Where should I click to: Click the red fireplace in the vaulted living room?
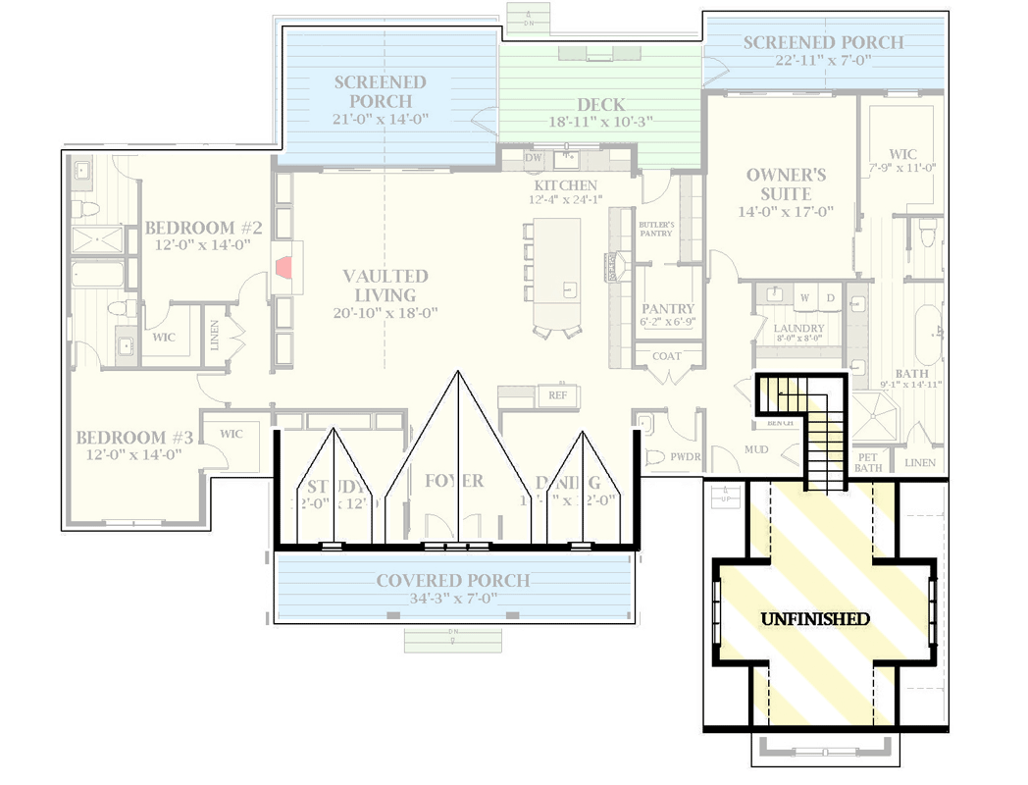click(x=283, y=268)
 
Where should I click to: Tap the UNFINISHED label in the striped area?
click(x=815, y=619)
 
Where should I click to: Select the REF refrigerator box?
click(x=556, y=395)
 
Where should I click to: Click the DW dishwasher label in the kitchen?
click(x=533, y=157)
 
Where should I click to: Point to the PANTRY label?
click(x=668, y=308)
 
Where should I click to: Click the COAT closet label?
click(x=666, y=356)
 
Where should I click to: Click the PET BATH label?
click(x=868, y=462)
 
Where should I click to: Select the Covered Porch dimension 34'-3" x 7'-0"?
click(x=453, y=600)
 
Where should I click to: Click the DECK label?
click(x=600, y=105)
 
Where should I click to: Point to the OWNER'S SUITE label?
click(x=786, y=183)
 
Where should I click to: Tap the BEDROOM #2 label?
click(x=203, y=228)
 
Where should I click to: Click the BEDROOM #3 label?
click(x=135, y=437)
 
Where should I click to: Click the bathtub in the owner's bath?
click(x=926, y=334)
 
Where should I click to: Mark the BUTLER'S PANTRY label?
click(x=655, y=229)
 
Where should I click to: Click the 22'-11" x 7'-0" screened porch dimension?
click(x=822, y=60)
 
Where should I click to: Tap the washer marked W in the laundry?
click(x=804, y=296)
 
